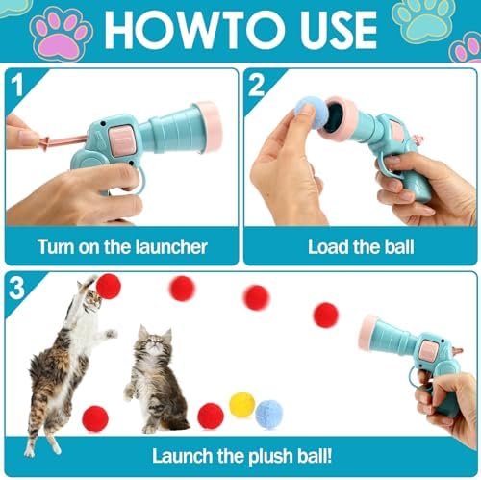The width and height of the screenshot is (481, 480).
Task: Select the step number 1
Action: point(16,85)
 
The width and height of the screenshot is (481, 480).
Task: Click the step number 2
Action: point(257,85)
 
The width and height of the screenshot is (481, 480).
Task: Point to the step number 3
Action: point(16,288)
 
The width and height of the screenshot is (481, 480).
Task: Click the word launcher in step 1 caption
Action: point(171,247)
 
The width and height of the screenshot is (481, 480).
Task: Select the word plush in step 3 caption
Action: point(271,456)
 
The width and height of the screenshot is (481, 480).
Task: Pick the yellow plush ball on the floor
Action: point(242,405)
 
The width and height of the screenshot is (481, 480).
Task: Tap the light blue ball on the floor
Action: point(269,416)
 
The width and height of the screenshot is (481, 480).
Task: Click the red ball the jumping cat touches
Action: point(109,287)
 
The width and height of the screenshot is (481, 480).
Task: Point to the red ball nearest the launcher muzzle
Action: point(325,315)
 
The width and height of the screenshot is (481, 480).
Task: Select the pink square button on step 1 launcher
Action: point(120,140)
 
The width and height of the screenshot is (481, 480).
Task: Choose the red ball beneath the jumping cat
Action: point(95,418)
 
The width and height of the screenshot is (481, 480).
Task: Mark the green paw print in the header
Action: point(424,20)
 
